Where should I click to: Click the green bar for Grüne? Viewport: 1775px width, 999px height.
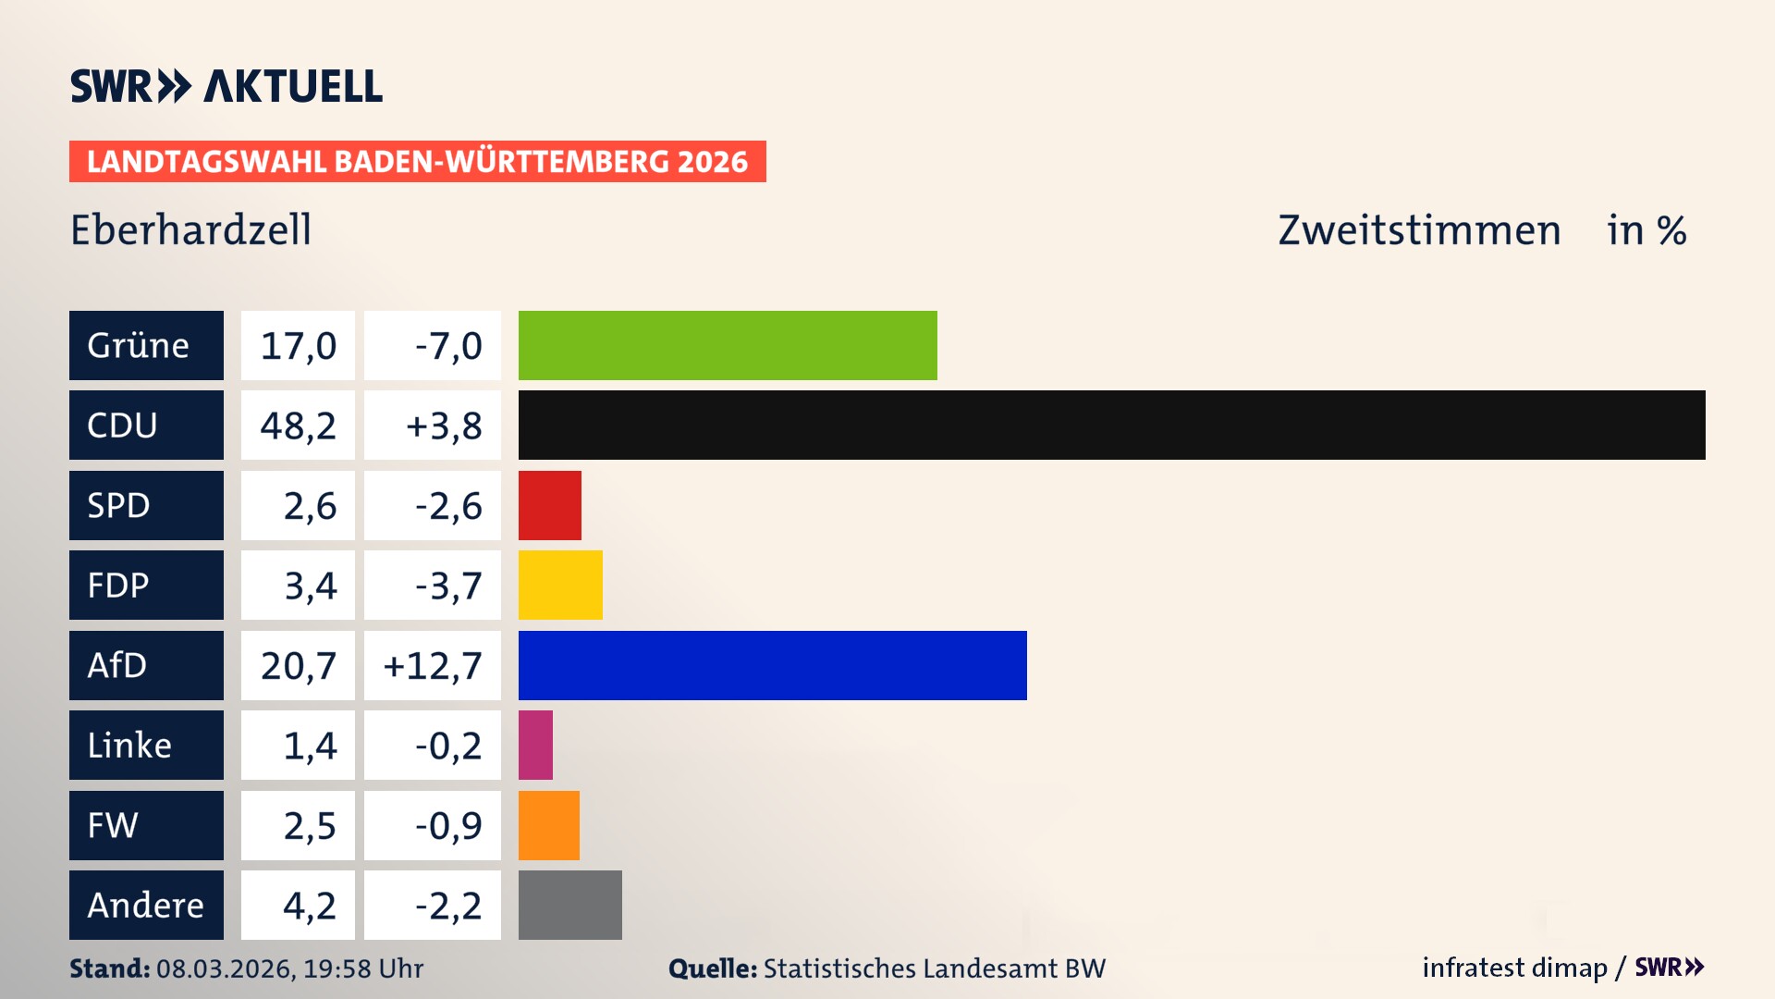pos(728,345)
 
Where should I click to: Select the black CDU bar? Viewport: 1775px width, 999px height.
pos(1111,425)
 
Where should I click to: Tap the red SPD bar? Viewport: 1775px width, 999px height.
pos(549,505)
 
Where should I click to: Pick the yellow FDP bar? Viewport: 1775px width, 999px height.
pos(560,585)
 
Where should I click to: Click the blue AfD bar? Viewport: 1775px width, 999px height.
pos(772,665)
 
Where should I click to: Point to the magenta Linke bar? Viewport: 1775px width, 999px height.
pos(535,745)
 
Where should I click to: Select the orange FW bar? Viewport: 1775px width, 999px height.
pos(548,825)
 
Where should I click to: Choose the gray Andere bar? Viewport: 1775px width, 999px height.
pos(569,905)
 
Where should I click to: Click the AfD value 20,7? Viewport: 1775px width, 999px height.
pos(298,665)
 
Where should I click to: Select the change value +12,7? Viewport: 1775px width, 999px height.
pos(433,665)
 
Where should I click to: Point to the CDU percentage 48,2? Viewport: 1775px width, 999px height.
pos(298,425)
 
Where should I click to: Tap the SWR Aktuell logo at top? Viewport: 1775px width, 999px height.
pos(226,86)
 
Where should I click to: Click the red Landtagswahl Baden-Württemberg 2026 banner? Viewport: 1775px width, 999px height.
pos(417,161)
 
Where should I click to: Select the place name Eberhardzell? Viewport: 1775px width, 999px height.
pos(190,229)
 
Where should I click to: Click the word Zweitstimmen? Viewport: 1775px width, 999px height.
pos(1419,229)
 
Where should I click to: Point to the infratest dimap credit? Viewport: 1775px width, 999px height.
pos(1514,968)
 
